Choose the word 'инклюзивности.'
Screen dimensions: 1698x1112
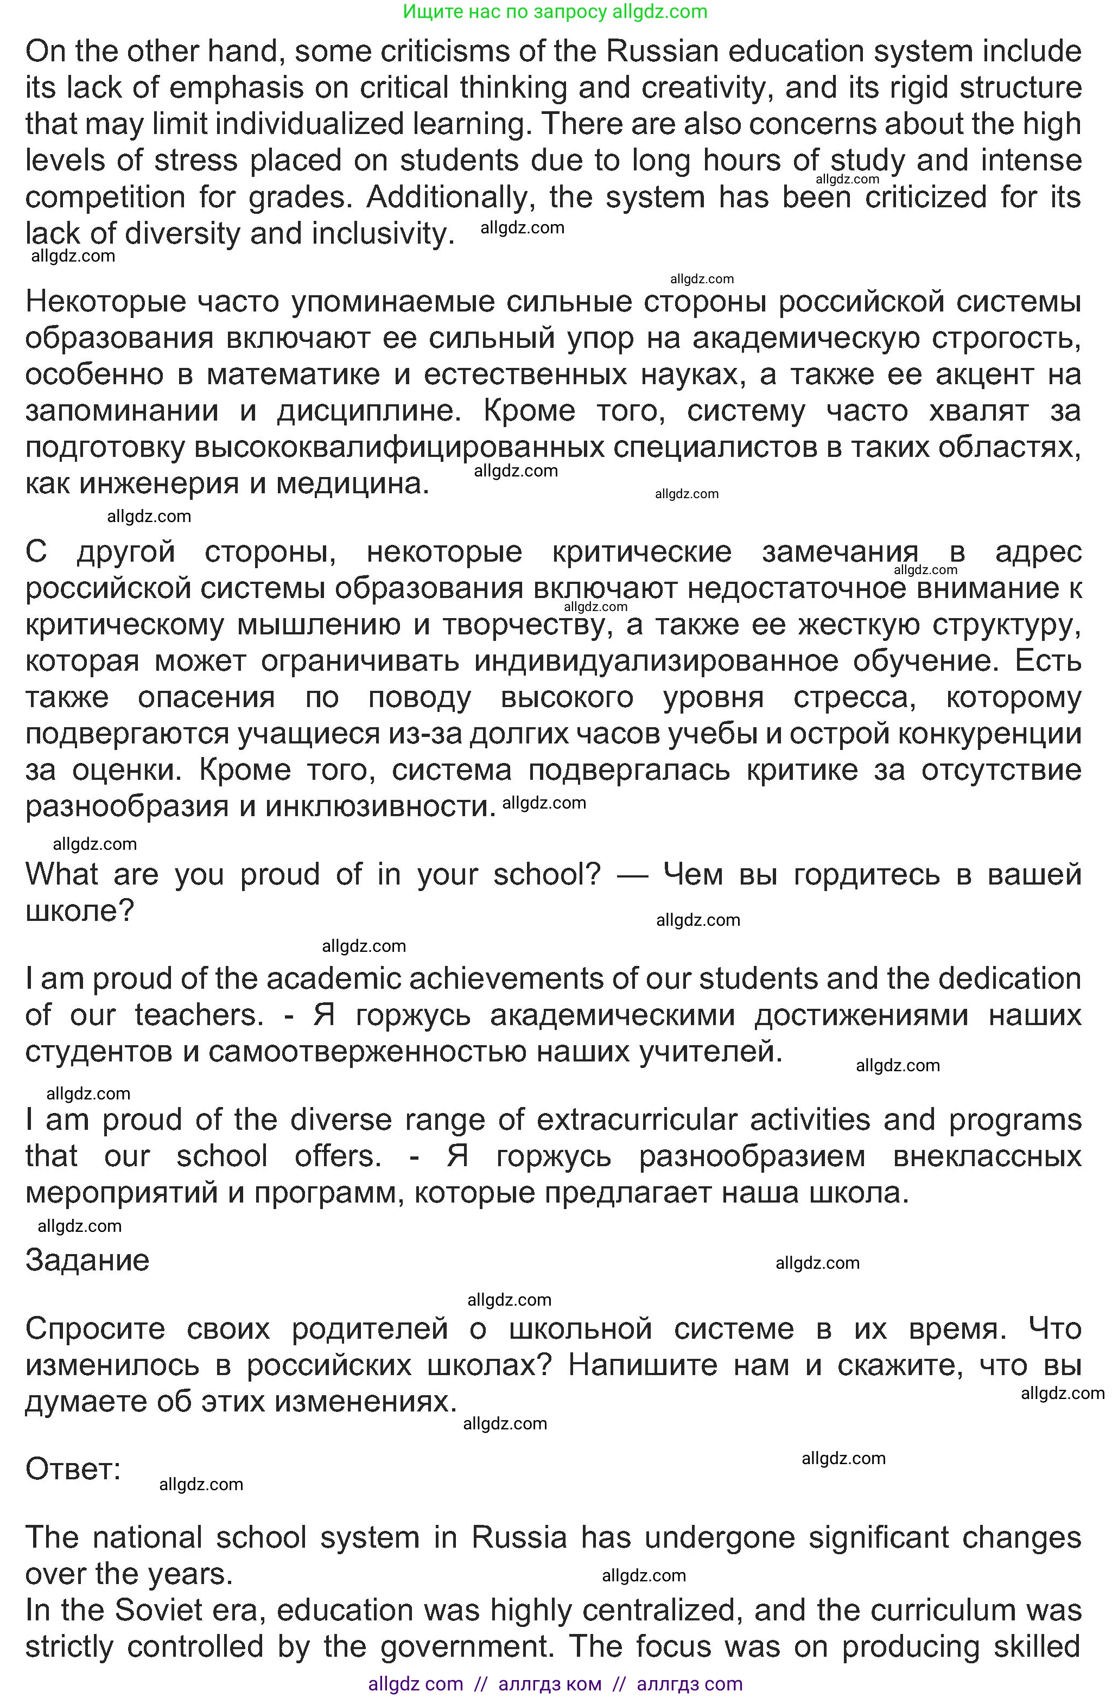pyautogui.click(x=380, y=807)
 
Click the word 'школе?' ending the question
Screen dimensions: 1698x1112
pyautogui.click(x=79, y=911)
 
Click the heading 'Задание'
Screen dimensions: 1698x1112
pyautogui.click(x=87, y=1261)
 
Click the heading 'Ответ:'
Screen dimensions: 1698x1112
pyautogui.click(x=73, y=1469)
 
